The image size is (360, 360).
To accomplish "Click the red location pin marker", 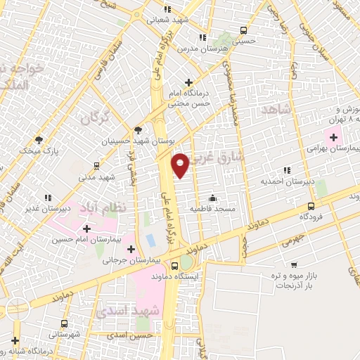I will pos(180,164).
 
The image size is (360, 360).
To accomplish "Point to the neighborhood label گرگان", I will pos(96,117).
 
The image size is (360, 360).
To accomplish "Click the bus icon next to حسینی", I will pos(243,30).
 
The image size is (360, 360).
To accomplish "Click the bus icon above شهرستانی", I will pos(65,323).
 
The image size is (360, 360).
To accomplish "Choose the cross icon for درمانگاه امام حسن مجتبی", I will pos(188,82).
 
